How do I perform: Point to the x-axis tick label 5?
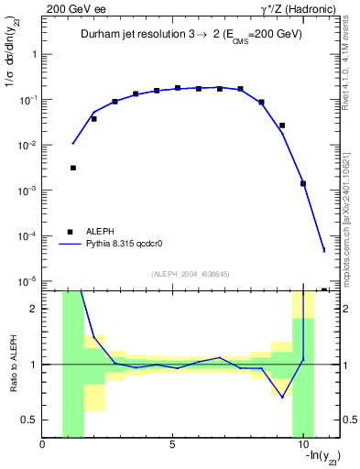(x=172, y=445)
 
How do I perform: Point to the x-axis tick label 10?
(x=301, y=445)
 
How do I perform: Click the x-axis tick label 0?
(x=43, y=445)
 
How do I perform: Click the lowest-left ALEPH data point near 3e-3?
(x=72, y=168)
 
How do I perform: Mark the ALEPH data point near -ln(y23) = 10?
(x=302, y=183)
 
